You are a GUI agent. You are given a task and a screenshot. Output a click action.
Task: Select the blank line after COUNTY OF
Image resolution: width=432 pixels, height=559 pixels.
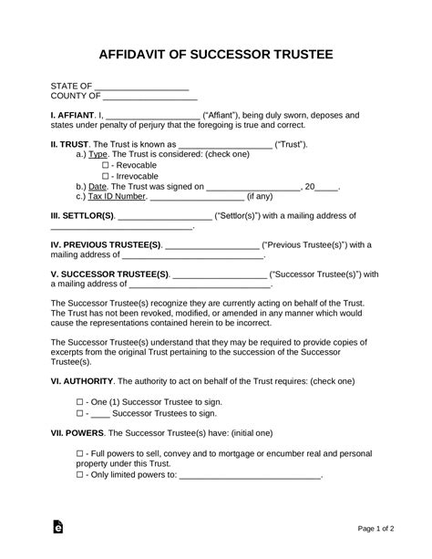tap(149, 98)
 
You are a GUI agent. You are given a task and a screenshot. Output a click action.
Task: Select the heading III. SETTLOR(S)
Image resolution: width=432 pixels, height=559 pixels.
tap(82, 216)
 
